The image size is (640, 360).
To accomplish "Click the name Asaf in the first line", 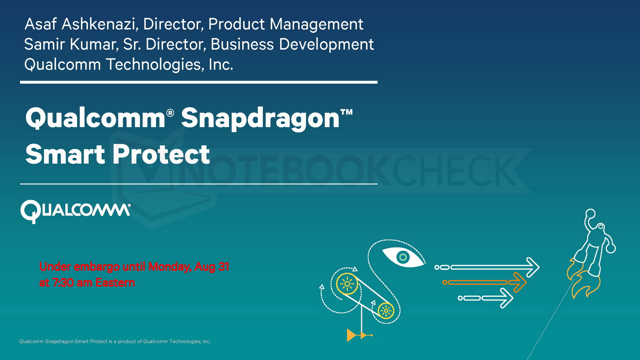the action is (x=40, y=24).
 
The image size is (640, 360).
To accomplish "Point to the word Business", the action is (x=242, y=44).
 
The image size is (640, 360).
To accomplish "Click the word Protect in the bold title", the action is (x=162, y=154).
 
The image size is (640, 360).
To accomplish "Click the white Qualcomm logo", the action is (x=76, y=212).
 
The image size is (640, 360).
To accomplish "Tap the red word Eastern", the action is (x=115, y=282).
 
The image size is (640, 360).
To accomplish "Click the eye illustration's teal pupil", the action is (x=403, y=257).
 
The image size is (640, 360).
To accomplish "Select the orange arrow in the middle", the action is (x=484, y=282).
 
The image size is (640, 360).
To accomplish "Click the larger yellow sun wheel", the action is (x=347, y=284).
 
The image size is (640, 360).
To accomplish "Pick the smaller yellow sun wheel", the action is (x=386, y=310).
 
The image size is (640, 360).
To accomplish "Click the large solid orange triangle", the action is (x=352, y=335).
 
